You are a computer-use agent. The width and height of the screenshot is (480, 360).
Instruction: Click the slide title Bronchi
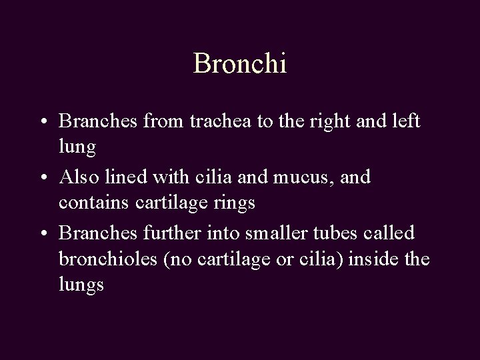[240, 64]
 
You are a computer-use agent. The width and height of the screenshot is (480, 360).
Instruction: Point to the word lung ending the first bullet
[77, 148]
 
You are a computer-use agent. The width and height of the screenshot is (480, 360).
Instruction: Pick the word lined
[123, 177]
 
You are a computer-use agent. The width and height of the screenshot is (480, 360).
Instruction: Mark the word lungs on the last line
[81, 285]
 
